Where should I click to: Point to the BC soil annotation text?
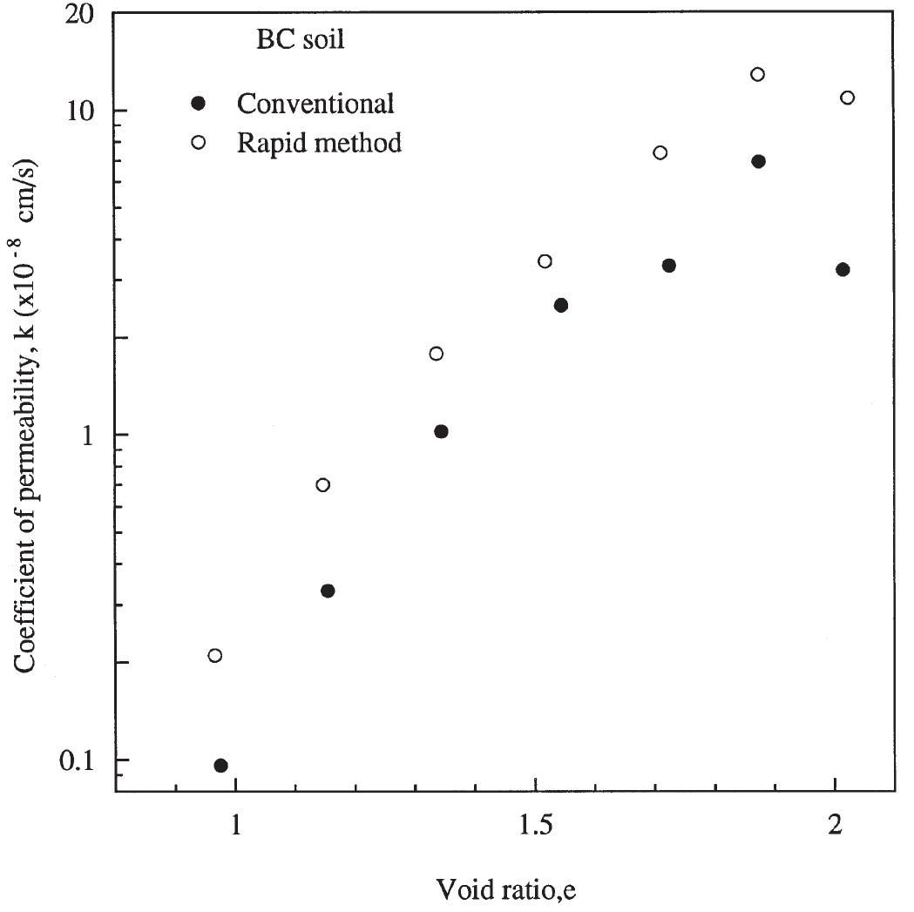[294, 40]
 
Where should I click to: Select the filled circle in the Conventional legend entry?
[199, 104]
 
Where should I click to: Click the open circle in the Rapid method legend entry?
[199, 142]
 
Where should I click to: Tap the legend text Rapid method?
[319, 142]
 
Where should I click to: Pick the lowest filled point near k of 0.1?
[220, 766]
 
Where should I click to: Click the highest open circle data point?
[758, 74]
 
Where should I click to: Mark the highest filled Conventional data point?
[758, 161]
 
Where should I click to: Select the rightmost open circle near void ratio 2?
[847, 98]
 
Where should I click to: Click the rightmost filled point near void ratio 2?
[843, 269]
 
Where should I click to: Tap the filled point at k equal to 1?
[441, 432]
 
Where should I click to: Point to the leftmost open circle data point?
[214, 655]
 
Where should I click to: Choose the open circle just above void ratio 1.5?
[545, 261]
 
